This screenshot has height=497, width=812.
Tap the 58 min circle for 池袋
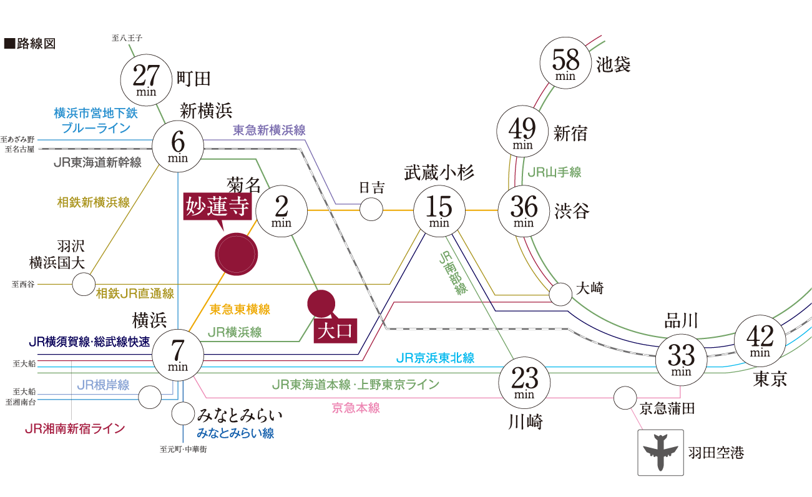[x=565, y=64]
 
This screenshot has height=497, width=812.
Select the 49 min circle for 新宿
[x=522, y=132]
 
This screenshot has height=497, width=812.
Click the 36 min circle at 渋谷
[x=523, y=210]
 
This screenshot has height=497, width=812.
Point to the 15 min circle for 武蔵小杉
[x=439, y=210]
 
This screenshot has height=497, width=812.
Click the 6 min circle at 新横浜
[x=178, y=146]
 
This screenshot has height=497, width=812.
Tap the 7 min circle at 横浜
[x=178, y=355]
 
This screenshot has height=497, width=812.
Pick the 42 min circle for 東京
[x=760, y=341]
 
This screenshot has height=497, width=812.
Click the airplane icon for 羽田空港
[x=660, y=453]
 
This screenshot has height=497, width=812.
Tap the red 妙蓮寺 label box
[x=217, y=206]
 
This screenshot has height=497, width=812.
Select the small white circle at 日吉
[x=371, y=210]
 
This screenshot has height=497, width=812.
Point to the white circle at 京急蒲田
[x=625, y=398]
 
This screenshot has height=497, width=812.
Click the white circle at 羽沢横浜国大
[x=83, y=285]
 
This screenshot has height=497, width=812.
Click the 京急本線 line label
[x=356, y=408]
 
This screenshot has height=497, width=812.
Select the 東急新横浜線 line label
[x=269, y=130]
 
